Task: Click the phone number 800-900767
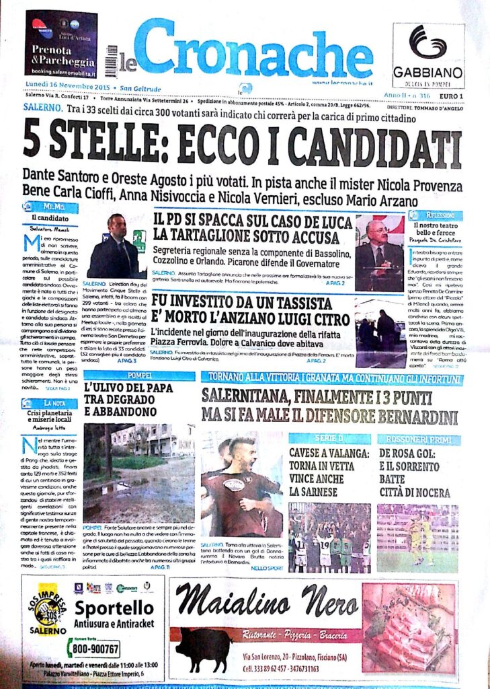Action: (x=93, y=649)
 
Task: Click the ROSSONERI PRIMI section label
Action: (x=417, y=438)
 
